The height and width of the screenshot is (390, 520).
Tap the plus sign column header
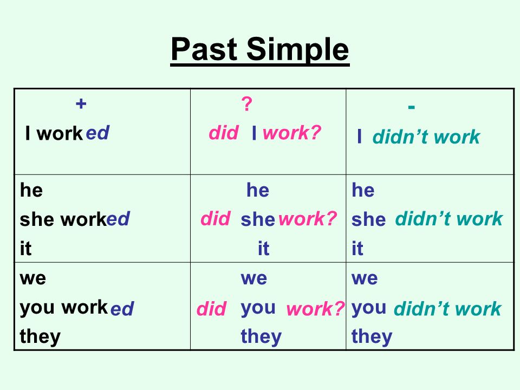[x=81, y=104]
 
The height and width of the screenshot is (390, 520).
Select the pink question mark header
[x=246, y=104]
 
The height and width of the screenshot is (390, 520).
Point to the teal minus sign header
[x=412, y=107]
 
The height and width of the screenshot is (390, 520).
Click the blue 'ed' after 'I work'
[x=98, y=133]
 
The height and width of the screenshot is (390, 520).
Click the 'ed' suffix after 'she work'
[x=118, y=219]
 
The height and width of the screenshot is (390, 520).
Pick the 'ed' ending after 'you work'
[x=122, y=309]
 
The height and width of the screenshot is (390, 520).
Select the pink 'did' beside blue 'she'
[x=216, y=218]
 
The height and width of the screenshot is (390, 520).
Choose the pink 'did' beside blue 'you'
[x=211, y=309]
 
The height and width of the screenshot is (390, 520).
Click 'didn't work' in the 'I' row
[x=426, y=138]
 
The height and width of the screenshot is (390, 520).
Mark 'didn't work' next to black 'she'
[x=448, y=219]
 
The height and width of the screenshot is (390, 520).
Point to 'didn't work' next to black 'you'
[x=447, y=309]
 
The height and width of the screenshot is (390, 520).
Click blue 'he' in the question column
[x=257, y=190]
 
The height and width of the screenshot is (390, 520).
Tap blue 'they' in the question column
[x=261, y=337]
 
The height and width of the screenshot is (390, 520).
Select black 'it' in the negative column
[x=357, y=249]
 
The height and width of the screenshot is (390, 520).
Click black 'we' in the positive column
[x=33, y=279]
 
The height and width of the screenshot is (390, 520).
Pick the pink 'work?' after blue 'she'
[x=308, y=219]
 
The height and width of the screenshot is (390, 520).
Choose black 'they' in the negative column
[x=372, y=337]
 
